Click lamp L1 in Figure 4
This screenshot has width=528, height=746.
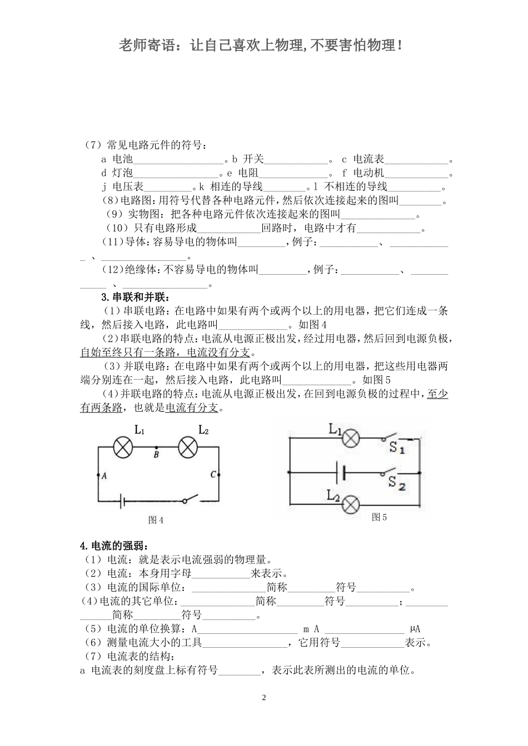tap(122, 447)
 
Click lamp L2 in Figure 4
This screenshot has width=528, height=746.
tap(188, 447)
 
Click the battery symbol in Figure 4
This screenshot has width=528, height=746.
tap(123, 501)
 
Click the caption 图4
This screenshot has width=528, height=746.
tap(156, 520)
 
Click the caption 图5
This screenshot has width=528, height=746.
tap(379, 517)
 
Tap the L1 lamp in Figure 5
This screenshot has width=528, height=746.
tap(350, 438)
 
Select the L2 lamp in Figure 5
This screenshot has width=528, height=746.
tap(350, 505)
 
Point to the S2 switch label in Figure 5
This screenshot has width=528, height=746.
tap(397, 483)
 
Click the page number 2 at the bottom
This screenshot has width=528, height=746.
tap(264, 697)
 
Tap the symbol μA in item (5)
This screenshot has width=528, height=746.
tap(415, 629)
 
